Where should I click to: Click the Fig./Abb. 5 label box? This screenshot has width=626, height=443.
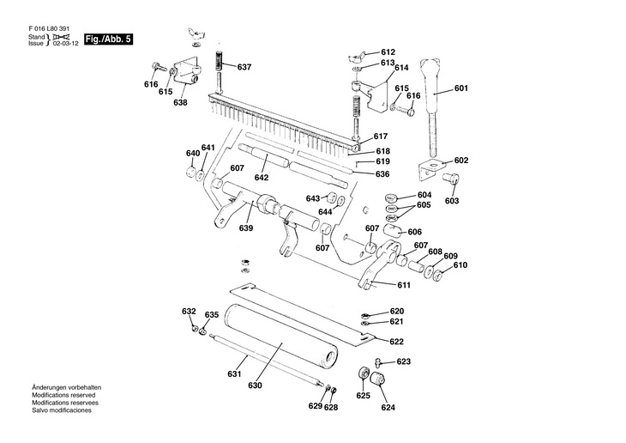[108, 40]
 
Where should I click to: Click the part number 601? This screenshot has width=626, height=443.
[461, 88]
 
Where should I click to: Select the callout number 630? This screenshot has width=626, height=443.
[255, 386]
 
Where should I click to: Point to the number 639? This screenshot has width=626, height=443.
[246, 228]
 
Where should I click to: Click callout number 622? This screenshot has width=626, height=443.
[396, 342]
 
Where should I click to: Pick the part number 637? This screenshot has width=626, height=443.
[244, 67]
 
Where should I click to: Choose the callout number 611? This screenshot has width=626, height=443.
[404, 284]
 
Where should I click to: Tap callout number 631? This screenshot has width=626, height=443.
[232, 374]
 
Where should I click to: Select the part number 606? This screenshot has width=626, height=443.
[414, 232]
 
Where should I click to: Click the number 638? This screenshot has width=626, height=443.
[180, 103]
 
